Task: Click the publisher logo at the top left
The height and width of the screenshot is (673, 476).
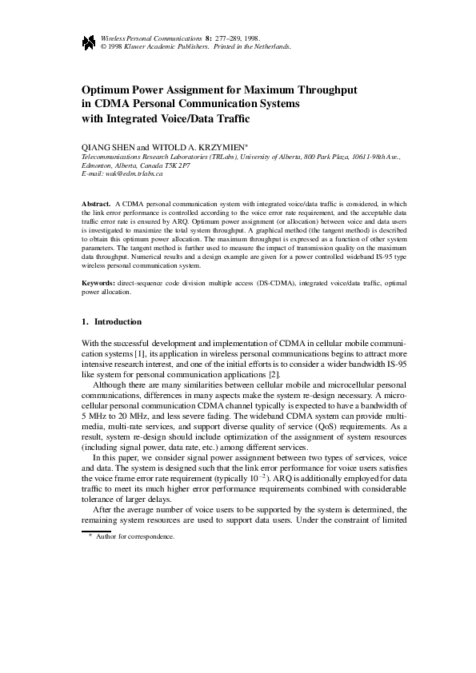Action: [89, 42]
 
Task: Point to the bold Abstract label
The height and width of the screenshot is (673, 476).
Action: [97, 205]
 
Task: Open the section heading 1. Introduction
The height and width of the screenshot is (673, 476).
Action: [113, 321]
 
